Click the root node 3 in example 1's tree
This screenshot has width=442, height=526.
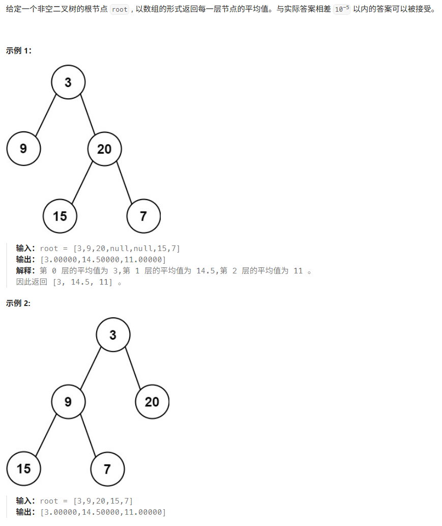(68, 81)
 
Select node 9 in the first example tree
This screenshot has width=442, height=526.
(23, 149)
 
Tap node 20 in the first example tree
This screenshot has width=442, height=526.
(104, 149)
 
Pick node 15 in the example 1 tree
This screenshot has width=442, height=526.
(60, 216)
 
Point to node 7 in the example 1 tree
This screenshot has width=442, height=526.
(143, 216)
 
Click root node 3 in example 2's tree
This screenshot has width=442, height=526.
(113, 335)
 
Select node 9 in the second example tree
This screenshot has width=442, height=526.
(68, 402)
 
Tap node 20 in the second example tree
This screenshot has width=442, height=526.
(152, 402)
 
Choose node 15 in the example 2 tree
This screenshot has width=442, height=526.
(23, 468)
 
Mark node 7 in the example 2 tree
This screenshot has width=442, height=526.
(107, 468)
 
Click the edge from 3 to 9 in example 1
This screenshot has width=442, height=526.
(46, 115)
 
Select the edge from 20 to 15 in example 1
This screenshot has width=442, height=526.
(82, 182)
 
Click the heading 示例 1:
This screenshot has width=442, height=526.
(19, 50)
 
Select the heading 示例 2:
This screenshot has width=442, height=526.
(19, 303)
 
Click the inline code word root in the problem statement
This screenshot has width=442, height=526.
(120, 10)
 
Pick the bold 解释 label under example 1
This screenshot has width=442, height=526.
(25, 270)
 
